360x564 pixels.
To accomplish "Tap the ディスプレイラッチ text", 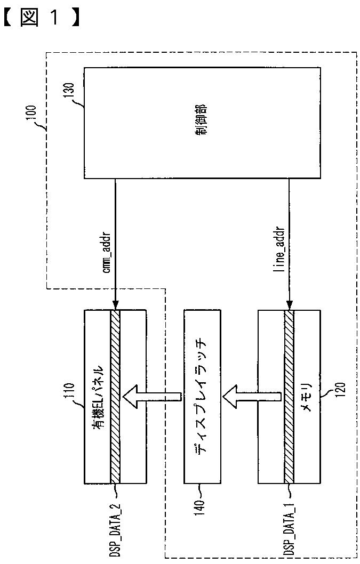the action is click(x=202, y=396).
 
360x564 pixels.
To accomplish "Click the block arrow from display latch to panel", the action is click(x=151, y=397).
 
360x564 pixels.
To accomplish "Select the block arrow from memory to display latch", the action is click(x=251, y=397).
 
